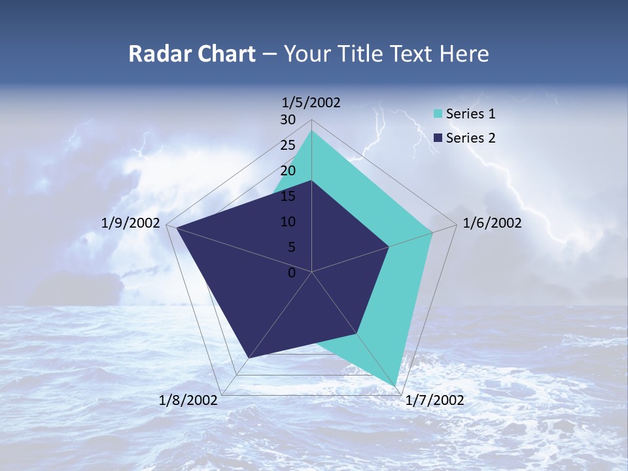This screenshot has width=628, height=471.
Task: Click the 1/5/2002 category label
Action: tap(311, 103)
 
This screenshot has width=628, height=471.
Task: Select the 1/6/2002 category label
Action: tap(492, 224)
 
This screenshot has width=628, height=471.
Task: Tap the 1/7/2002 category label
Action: tap(434, 400)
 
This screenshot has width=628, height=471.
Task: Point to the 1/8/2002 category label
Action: tap(188, 400)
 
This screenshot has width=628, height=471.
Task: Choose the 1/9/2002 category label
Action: tap(131, 224)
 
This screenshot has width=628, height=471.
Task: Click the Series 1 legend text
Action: tap(470, 114)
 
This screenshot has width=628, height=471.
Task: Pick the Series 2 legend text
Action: tap(470, 138)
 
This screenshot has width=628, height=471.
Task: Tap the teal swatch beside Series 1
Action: tap(438, 114)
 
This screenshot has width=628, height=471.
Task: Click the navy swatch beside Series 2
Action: tap(438, 138)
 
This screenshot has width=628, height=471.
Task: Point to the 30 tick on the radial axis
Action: tap(288, 120)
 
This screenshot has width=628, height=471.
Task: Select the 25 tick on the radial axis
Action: tap(288, 145)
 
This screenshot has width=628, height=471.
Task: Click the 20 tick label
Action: tap(288, 171)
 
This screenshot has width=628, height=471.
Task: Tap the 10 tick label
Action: tap(288, 222)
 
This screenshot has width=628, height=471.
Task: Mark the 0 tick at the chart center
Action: tap(292, 273)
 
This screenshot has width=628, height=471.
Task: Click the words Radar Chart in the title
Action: tap(192, 54)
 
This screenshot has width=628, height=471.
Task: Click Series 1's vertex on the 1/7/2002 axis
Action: tap(397, 385)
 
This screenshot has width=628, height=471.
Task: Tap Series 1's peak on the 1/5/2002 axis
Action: tap(311, 131)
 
